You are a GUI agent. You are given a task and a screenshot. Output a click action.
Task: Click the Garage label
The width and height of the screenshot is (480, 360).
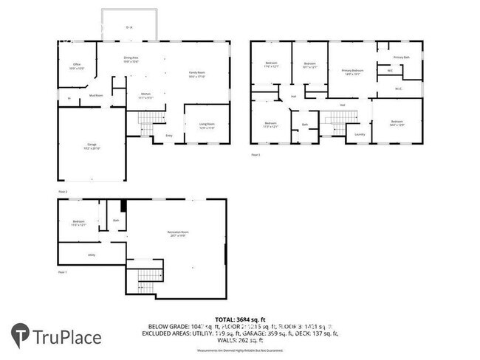coord(92,148)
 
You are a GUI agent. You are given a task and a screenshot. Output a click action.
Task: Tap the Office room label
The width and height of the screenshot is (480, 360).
coord(78,66)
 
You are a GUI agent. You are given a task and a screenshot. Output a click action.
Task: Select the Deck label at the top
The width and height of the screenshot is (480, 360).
coord(129,27)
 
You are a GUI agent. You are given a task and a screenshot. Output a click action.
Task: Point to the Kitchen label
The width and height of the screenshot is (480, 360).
coord(145,95)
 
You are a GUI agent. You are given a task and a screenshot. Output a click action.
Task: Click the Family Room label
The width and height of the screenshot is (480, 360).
coord(196,74)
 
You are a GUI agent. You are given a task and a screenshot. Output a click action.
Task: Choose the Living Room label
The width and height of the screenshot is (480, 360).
coord(207,125)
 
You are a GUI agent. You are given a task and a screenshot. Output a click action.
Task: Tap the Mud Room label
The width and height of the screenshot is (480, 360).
coord(96,95)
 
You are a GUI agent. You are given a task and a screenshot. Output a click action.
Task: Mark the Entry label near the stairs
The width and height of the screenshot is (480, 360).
coord(169,136)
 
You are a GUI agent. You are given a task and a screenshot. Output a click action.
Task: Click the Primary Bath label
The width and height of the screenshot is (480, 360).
coord(401,57)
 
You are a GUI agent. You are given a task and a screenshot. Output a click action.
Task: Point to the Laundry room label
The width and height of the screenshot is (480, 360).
coord(360,134)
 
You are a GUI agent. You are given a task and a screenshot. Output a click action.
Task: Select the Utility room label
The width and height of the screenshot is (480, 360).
coord(92,255)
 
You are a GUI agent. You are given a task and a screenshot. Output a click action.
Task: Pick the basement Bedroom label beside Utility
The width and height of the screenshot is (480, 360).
coord(79,223)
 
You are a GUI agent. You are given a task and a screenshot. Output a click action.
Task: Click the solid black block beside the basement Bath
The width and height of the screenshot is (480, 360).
coord(123,207)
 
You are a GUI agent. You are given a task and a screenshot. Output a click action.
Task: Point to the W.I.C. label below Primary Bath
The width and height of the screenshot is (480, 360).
coord(398,89)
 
